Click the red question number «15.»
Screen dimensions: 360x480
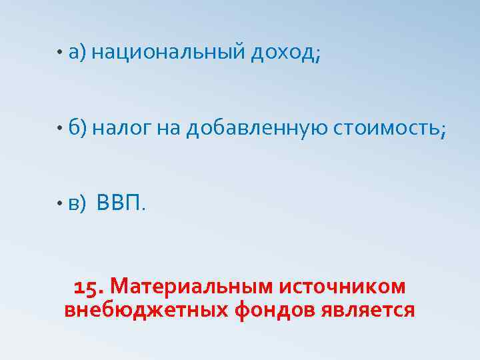point(88,287)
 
